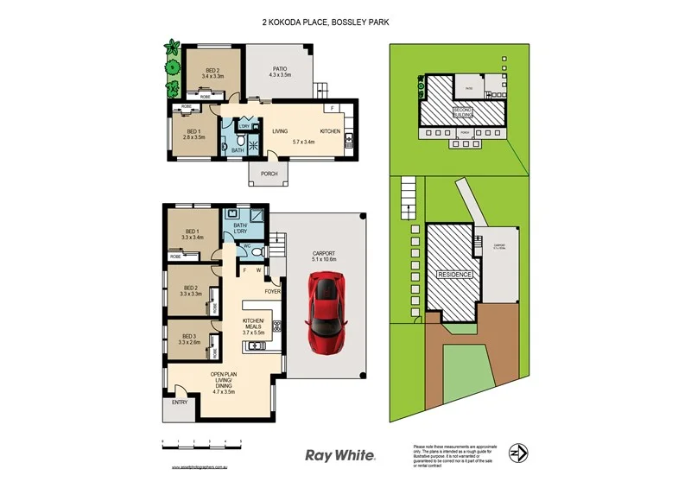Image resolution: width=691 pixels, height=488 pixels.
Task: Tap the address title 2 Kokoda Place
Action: (x=326, y=23)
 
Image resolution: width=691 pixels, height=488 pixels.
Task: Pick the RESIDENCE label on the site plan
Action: (x=454, y=274)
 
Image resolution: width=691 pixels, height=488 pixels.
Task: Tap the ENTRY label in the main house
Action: (x=180, y=402)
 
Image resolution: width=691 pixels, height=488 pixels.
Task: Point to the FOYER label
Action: (x=273, y=291)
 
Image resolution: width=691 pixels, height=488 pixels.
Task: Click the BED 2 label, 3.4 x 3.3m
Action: (x=212, y=74)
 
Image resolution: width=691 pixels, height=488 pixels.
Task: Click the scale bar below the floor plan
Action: (x=201, y=443)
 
